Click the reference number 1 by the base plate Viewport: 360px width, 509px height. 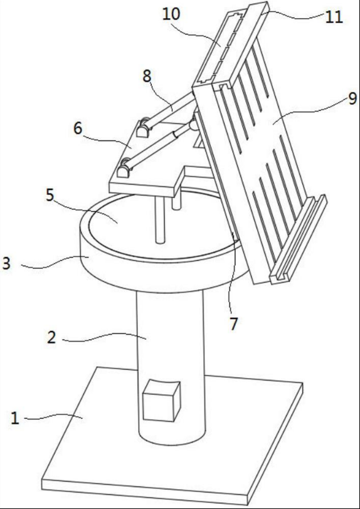pyautogui.click(x=14, y=418)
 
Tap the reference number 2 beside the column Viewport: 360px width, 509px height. pyautogui.click(x=51, y=338)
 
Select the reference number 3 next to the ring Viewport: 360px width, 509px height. pyautogui.click(x=6, y=263)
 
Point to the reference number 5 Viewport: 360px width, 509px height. pyautogui.click(x=49, y=196)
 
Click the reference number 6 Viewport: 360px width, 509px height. pyautogui.click(x=78, y=129)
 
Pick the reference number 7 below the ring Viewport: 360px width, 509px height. pyautogui.click(x=234, y=324)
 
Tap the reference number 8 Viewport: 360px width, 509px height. pyautogui.click(x=147, y=76)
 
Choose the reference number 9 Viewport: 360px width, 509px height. pyautogui.click(x=353, y=98)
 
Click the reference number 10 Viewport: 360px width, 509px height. pyautogui.click(x=171, y=14)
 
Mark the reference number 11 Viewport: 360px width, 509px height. pyautogui.click(x=334, y=17)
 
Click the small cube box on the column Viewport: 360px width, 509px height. pyautogui.click(x=161, y=401)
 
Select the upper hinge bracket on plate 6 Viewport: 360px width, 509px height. pyautogui.click(x=143, y=129)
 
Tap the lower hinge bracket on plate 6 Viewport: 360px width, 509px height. pyautogui.click(x=124, y=168)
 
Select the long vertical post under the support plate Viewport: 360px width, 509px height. pyautogui.click(x=160, y=220)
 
